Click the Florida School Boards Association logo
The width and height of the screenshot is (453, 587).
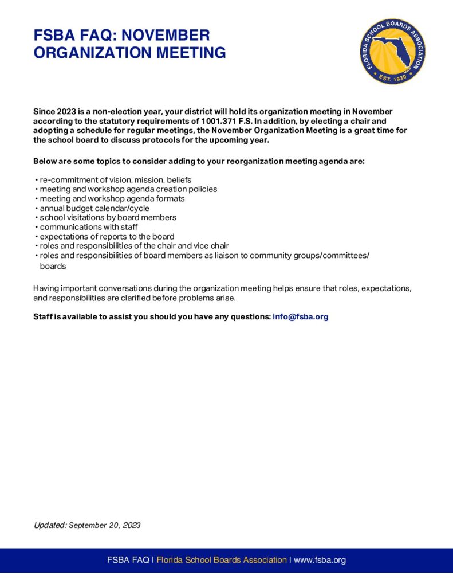coord(392,51)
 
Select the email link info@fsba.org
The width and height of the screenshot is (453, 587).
coord(301,316)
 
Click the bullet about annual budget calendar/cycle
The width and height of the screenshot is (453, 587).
coord(94,208)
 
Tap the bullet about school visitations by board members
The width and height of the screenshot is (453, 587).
coord(108,218)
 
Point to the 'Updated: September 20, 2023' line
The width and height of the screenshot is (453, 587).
coord(87,525)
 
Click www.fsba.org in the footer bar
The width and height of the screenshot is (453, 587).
coord(320,560)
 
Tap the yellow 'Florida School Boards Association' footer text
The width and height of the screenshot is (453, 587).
coord(222,560)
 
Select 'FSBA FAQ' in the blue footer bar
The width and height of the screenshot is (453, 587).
coord(128,560)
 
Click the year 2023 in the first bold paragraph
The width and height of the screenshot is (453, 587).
coord(66,112)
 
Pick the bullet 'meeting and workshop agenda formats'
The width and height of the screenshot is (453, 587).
coord(112,198)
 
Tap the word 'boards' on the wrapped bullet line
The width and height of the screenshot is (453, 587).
coord(53,267)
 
